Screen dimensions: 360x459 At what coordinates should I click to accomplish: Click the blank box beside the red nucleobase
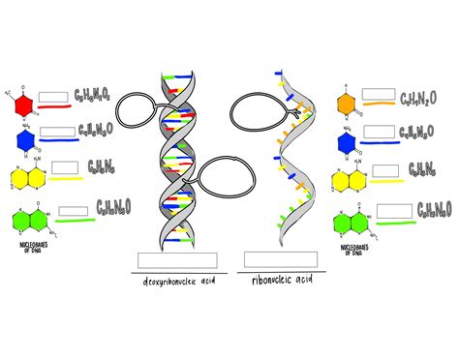click(x=54, y=95)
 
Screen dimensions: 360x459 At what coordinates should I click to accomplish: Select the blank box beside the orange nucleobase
click(x=379, y=98)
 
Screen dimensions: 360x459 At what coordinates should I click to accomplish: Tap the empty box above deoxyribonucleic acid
click(x=177, y=259)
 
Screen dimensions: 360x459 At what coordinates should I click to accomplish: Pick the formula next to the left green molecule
click(x=114, y=207)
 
